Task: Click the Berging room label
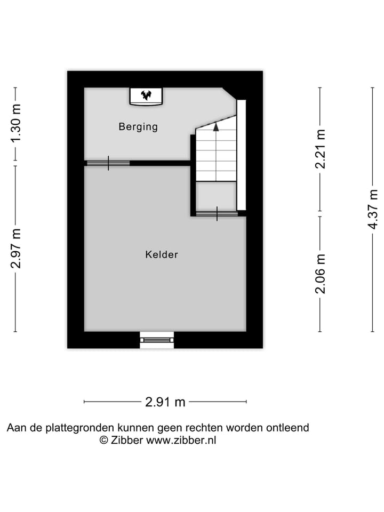pyautogui.click(x=138, y=127)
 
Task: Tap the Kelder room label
pyautogui.click(x=162, y=255)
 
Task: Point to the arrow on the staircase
pyautogui.click(x=216, y=126)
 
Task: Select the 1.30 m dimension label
pyautogui.click(x=17, y=123)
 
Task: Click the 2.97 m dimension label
pyautogui.click(x=17, y=248)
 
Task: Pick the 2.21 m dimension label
pyautogui.click(x=321, y=149)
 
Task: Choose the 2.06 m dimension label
pyautogui.click(x=321, y=274)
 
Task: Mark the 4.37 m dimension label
pyautogui.click(x=373, y=209)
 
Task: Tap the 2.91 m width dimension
pyautogui.click(x=165, y=402)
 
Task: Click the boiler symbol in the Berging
pyautogui.click(x=146, y=96)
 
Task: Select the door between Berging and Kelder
pyautogui.click(x=108, y=163)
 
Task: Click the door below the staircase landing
pyautogui.click(x=217, y=214)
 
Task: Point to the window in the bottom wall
pyautogui.click(x=157, y=340)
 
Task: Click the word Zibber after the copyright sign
pyautogui.click(x=127, y=441)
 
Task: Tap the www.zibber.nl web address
pyautogui.click(x=181, y=441)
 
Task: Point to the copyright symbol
pyautogui.click(x=104, y=441)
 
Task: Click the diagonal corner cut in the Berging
pyautogui.click(x=229, y=93)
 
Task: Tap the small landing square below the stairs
pyautogui.click(x=216, y=196)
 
